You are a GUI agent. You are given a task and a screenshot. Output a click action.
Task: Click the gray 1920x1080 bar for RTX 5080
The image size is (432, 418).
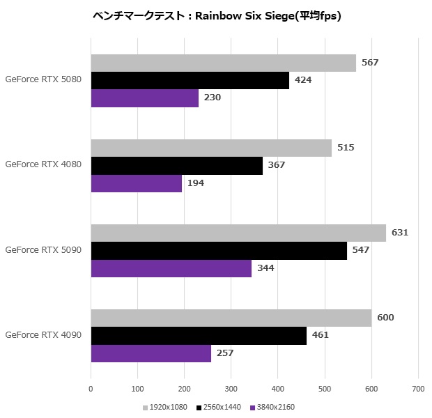tap(223, 63)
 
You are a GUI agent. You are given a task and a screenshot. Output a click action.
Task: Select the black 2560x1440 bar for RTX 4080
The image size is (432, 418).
tap(177, 165)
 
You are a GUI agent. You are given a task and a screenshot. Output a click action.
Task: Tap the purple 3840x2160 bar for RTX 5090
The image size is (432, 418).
tap(171, 268)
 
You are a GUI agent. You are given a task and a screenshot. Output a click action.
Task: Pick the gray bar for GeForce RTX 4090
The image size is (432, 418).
tap(231, 318)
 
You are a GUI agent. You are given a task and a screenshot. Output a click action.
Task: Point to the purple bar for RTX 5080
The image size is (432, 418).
tap(145, 98)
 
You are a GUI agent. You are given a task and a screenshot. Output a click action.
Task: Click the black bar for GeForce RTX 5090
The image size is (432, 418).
tap(219, 250)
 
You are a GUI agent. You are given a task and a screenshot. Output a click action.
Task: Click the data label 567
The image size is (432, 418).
tap(370, 63)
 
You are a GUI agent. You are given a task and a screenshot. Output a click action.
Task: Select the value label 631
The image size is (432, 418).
tap(399, 233)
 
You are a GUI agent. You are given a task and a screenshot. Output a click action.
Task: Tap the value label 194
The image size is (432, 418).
tap(195, 183)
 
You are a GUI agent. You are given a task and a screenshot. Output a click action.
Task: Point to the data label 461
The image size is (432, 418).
tap(320, 335)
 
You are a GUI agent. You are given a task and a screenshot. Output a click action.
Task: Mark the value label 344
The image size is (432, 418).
tap(265, 268)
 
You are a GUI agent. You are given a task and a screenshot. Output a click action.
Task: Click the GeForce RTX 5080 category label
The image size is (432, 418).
tap(43, 79)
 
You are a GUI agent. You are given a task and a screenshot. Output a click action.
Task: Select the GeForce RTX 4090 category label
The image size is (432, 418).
tap(43, 335)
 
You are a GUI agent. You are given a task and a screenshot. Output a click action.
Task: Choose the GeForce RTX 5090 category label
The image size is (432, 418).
tap(43, 249)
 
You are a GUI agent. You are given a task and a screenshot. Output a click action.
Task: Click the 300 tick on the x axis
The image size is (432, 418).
tap(231, 389)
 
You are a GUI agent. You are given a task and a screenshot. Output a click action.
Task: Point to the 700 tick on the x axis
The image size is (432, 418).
tap(418, 389)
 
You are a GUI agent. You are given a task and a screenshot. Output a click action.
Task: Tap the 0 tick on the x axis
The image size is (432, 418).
tap(91, 389)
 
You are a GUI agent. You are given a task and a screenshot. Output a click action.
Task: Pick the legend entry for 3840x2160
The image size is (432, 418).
tap(275, 408)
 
